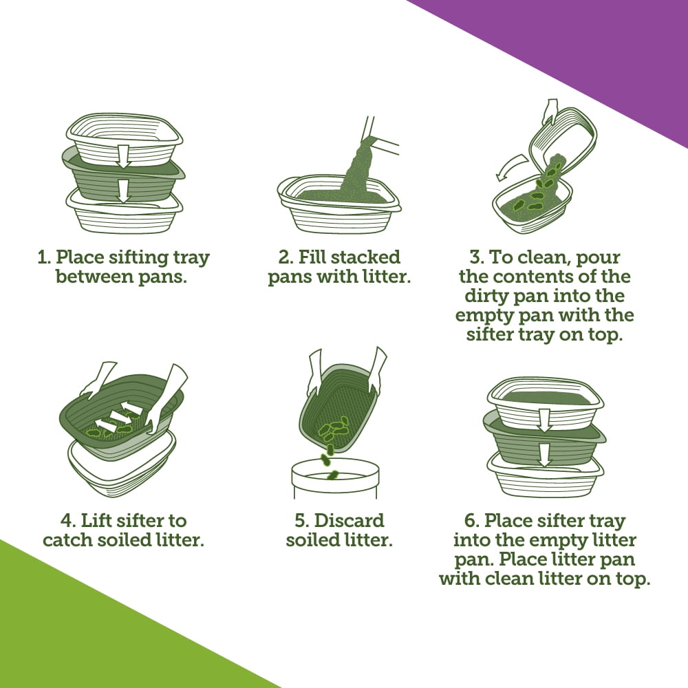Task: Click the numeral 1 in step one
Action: (x=43, y=257)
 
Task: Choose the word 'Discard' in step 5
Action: (x=350, y=521)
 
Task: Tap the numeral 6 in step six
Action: (x=470, y=521)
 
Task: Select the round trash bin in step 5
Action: (x=334, y=478)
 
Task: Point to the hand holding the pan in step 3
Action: (x=550, y=112)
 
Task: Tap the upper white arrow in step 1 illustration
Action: (x=124, y=155)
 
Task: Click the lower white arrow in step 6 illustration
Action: (x=544, y=455)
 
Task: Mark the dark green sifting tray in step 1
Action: (x=123, y=175)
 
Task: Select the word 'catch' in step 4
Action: (x=68, y=540)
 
